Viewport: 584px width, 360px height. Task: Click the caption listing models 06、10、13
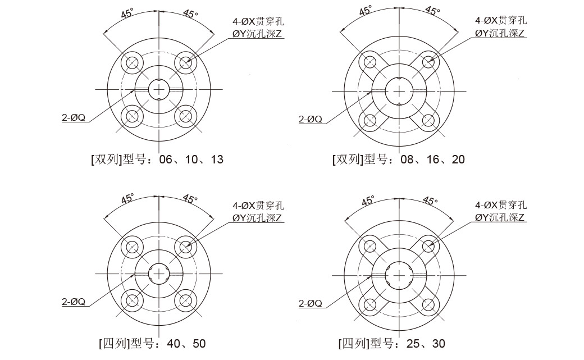pyautogui.click(x=157, y=160)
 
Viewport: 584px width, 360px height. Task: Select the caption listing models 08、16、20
pyautogui.click(x=399, y=160)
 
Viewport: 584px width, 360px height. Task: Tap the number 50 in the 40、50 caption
pyautogui.click(x=199, y=344)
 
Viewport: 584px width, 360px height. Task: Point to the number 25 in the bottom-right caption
pyautogui.click(x=413, y=344)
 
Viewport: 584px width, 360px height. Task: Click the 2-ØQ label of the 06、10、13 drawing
pyautogui.click(x=74, y=118)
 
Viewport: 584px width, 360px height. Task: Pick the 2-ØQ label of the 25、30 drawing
pyautogui.click(x=310, y=303)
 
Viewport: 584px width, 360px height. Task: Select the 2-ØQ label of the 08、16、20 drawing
pyautogui.click(x=310, y=119)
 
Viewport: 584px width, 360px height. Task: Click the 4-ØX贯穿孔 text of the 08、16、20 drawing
pyautogui.click(x=501, y=20)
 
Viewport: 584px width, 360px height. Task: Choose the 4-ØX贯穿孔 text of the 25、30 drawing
pyautogui.click(x=501, y=205)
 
